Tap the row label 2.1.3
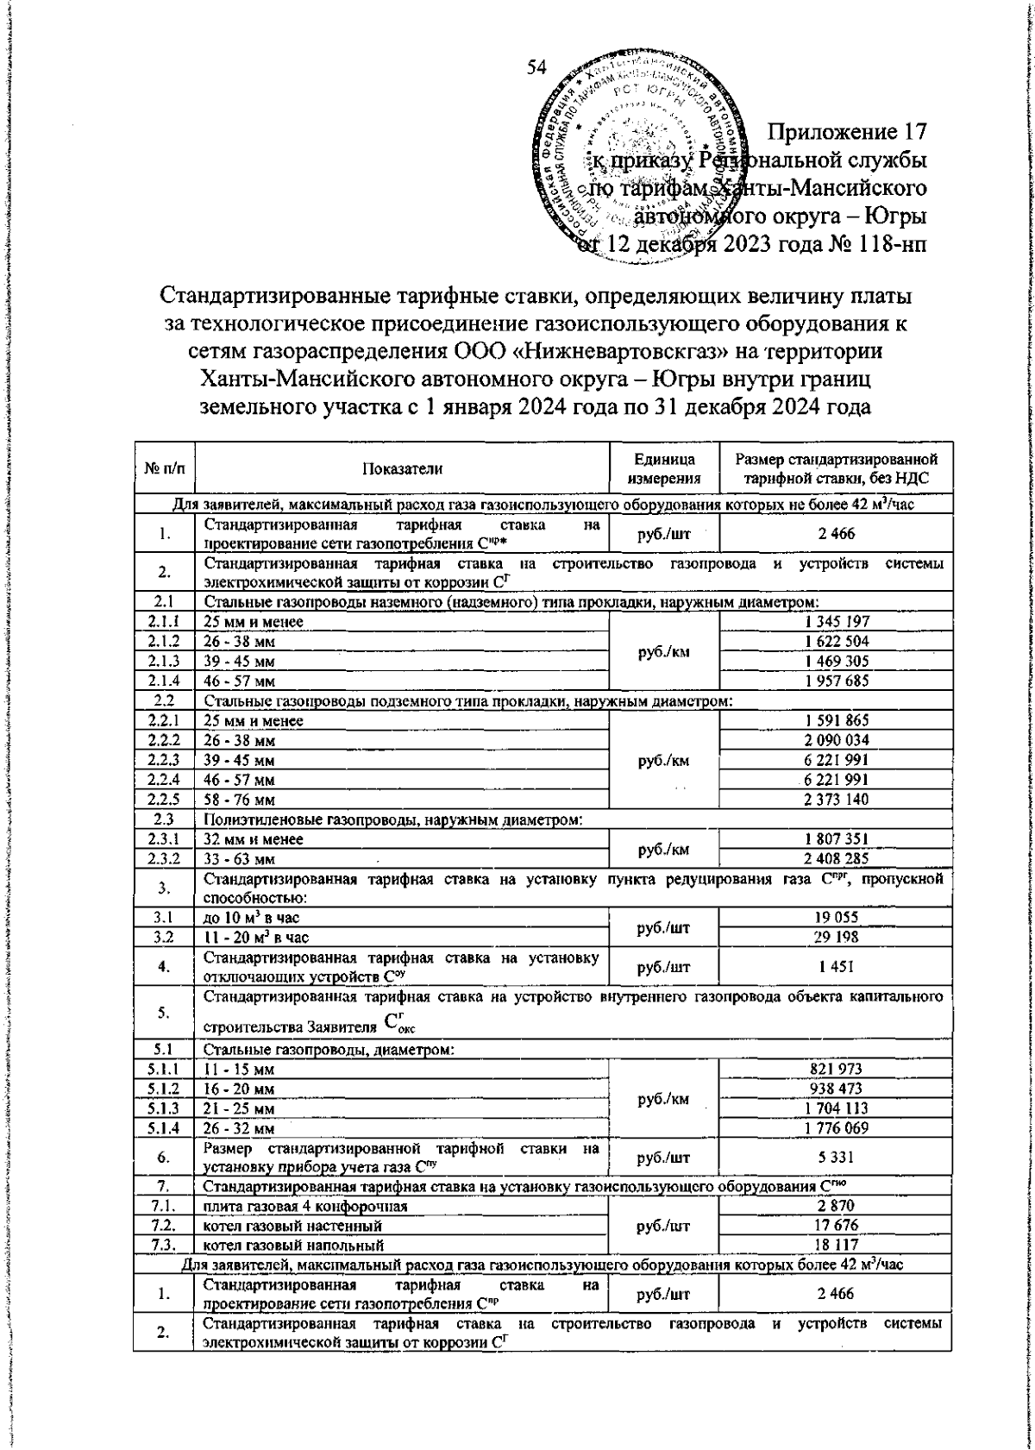click(x=163, y=660)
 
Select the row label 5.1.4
click(x=163, y=1127)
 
